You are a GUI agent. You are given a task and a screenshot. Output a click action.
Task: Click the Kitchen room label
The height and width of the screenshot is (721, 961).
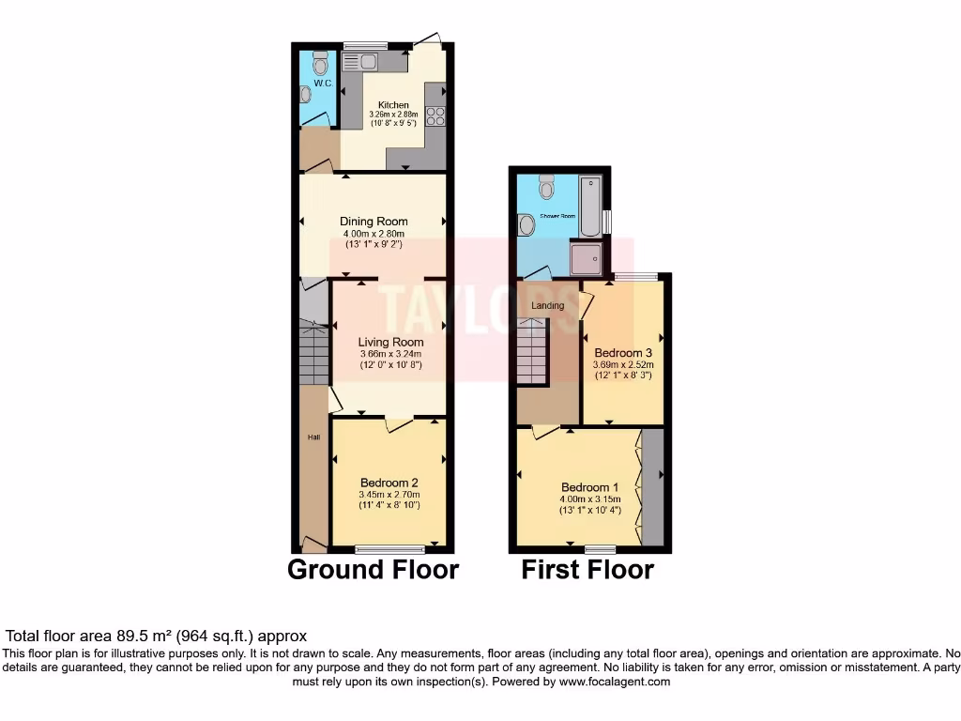pyautogui.click(x=393, y=104)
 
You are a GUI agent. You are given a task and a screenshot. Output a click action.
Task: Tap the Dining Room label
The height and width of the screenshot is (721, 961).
pyautogui.click(x=374, y=222)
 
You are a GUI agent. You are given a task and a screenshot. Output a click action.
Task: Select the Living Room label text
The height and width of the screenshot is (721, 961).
pyautogui.click(x=390, y=343)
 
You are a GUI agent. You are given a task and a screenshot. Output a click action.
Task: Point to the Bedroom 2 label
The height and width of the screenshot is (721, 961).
pyautogui.click(x=389, y=483)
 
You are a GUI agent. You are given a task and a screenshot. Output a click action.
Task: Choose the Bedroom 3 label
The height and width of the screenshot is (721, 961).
pyautogui.click(x=623, y=353)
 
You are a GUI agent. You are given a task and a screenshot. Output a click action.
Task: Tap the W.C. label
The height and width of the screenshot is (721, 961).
pyautogui.click(x=323, y=84)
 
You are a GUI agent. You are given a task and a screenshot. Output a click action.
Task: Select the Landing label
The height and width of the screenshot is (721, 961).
pyautogui.click(x=548, y=306)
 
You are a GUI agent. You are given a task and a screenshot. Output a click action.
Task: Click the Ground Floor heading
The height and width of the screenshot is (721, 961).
pyautogui.click(x=373, y=569)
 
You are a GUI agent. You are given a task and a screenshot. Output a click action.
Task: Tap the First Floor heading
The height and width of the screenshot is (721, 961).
pyautogui.click(x=587, y=569)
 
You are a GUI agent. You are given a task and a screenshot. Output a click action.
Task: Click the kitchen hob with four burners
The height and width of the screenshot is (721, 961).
pyautogui.click(x=435, y=116)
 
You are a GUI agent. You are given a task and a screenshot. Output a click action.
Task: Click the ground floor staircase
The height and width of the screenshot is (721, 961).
pyautogui.click(x=314, y=351)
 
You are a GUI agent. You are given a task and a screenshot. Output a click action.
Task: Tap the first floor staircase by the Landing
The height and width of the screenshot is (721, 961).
pyautogui.click(x=532, y=351)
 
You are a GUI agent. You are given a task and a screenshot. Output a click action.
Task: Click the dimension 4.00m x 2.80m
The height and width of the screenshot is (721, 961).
pyautogui.click(x=374, y=234)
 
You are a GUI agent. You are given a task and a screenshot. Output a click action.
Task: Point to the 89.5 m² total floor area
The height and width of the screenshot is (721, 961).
pyautogui.click(x=189, y=636)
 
